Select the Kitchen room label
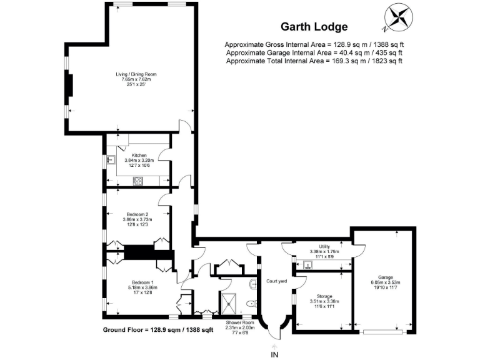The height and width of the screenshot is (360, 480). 138,154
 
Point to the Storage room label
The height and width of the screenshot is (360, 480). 324,296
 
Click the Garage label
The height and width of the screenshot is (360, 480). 385,277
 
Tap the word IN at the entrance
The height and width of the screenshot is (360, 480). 274,354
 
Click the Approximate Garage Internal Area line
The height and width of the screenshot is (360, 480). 313,53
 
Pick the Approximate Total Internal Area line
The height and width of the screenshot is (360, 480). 313,61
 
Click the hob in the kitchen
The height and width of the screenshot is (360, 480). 138,181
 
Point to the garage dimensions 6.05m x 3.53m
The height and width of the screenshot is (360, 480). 385,283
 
